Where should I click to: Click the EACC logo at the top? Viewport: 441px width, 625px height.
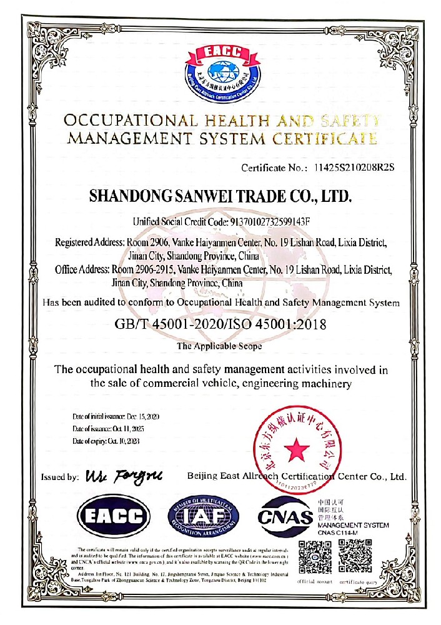[x=220, y=68]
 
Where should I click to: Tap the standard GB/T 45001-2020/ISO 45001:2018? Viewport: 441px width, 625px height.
[x=221, y=324]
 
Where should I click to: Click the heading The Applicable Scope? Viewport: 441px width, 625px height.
[x=219, y=346]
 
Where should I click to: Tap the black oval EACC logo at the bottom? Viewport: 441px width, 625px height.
[x=114, y=516]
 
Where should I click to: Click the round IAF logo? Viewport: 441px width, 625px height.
[x=204, y=516]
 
